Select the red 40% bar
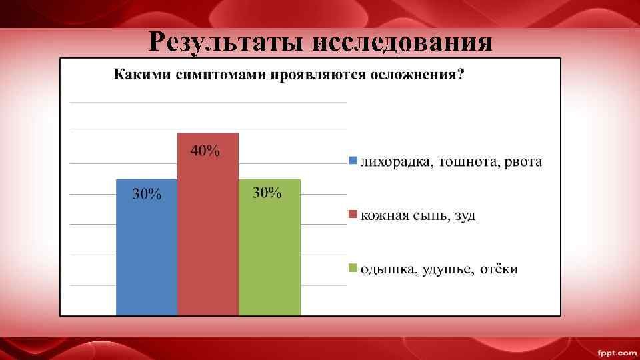[208, 233]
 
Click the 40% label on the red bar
[205, 151]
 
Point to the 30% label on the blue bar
[147, 195]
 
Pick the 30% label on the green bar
[267, 193]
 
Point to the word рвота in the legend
[523, 163]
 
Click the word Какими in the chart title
[137, 75]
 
